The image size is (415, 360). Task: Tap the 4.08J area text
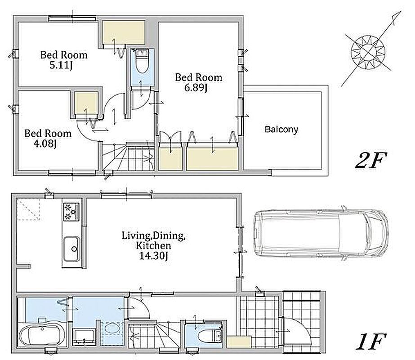pyautogui.click(x=45, y=144)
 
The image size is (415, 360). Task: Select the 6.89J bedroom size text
pyautogui.click(x=196, y=88)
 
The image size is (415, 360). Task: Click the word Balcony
pyautogui.click(x=281, y=129)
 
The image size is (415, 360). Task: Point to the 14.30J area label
pyautogui.click(x=153, y=256)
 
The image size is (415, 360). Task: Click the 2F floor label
pyautogui.click(x=371, y=160)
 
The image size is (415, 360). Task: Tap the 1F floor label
pyautogui.click(x=370, y=342)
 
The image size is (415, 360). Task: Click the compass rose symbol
pyautogui.click(x=368, y=51)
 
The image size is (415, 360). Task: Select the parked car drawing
pyautogui.click(x=321, y=233)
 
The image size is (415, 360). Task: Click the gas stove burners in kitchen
pyautogui.click(x=71, y=211)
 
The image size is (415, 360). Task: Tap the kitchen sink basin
pyautogui.click(x=72, y=249)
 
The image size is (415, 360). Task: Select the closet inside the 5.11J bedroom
pyautogui.click(x=123, y=33)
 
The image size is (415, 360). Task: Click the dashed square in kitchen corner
pyautogui.click(x=28, y=210)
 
